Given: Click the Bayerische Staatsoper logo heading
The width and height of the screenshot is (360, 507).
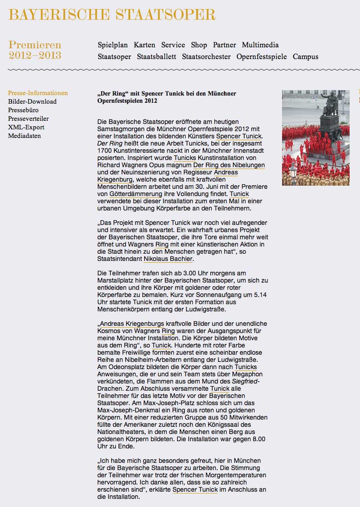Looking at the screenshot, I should click(112, 14).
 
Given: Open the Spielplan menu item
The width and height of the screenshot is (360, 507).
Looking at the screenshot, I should click(113, 45).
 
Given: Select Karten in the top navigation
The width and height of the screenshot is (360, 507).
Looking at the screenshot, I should click(145, 45).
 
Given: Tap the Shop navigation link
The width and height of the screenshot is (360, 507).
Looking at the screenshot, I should click(199, 45).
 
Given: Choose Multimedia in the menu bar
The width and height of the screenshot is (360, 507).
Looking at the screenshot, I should click(260, 45).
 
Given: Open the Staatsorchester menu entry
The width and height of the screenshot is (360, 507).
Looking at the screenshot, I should click(206, 57).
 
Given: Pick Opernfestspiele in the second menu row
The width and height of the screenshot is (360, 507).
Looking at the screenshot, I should click(261, 57).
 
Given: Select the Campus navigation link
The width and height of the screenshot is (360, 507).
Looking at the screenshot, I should click(305, 57).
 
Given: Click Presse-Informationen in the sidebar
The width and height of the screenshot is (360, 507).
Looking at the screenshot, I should click(38, 93).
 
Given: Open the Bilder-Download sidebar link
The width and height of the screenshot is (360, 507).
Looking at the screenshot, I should click(32, 102).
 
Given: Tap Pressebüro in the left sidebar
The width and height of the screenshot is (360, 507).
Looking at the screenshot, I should click(23, 110).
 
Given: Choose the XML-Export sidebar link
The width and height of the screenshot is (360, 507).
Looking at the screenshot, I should click(26, 128).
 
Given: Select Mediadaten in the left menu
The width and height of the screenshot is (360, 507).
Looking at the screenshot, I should click(24, 136).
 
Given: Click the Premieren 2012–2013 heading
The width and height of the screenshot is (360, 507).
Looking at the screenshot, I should click(35, 50).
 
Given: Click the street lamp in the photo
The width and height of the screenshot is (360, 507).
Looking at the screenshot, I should click(293, 171).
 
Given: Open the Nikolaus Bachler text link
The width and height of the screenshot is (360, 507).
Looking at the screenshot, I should click(168, 259).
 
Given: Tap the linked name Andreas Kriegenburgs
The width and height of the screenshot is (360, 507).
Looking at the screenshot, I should click(132, 324).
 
